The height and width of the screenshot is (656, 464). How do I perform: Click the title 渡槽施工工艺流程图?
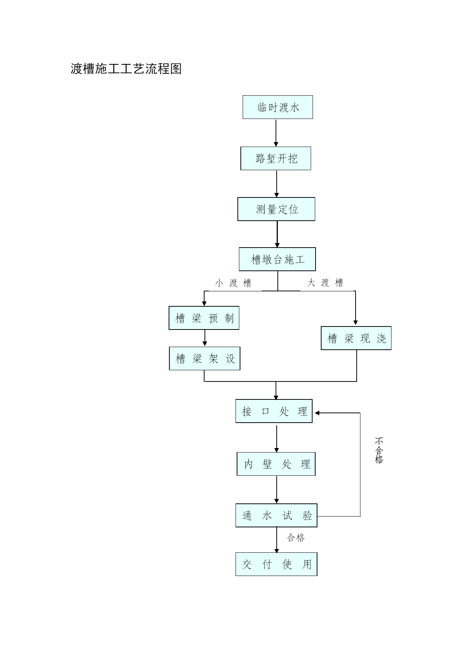point(126,69)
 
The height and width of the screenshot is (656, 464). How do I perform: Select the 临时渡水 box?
point(277,107)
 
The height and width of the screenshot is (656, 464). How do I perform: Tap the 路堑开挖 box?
point(276,159)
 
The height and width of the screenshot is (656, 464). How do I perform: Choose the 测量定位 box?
point(276,209)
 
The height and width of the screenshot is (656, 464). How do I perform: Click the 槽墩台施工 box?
point(277,259)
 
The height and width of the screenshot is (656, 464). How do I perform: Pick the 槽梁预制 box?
point(204,318)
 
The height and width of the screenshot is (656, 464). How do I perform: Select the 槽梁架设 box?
point(205,359)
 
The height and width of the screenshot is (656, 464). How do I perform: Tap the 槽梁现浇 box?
point(356,338)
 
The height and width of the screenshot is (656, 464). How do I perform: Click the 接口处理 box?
point(274,411)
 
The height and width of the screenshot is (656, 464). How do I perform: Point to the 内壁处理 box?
point(276,464)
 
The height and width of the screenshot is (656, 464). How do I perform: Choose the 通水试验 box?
point(276,515)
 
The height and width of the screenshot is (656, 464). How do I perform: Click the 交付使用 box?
point(276,564)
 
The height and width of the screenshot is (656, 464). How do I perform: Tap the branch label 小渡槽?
point(233,283)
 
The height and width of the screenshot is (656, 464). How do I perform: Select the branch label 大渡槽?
point(325,283)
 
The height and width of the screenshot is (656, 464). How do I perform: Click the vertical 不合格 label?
point(379,450)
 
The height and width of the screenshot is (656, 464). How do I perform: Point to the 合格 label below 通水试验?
point(296,537)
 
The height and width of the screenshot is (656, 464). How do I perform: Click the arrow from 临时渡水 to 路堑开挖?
point(276,133)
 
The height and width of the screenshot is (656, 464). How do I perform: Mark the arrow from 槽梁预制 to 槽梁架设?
point(205,338)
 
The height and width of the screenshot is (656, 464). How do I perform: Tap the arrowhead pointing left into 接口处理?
point(317,413)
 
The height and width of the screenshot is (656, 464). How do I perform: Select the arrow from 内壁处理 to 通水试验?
point(277,490)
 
